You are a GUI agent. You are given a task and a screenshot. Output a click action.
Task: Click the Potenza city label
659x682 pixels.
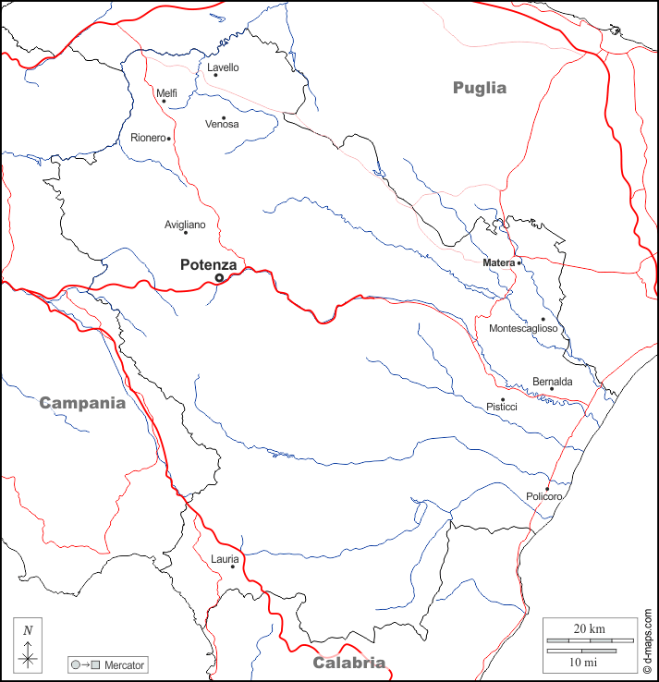(208, 264)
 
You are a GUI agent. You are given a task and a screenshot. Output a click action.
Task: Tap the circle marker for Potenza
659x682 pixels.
(219, 277)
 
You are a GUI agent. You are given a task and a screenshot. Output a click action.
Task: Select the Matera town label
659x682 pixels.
(498, 263)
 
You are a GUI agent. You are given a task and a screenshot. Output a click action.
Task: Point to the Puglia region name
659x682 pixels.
(480, 88)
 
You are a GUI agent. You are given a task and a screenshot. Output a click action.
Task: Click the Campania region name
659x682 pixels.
(81, 403)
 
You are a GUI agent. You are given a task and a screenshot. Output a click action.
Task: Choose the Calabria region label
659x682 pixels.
(348, 663)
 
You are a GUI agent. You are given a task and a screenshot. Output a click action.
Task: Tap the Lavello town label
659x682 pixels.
(223, 67)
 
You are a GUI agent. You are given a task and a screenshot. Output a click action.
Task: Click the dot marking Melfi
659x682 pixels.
(165, 102)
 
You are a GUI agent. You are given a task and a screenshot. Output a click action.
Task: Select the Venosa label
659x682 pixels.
(222, 124)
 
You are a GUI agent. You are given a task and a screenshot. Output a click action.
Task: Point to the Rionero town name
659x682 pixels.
(147, 138)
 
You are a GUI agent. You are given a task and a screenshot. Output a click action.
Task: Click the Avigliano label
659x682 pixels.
(185, 225)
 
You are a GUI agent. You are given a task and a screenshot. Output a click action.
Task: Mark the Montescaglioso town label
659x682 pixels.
(523, 329)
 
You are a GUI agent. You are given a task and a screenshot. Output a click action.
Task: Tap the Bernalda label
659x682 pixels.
(552, 382)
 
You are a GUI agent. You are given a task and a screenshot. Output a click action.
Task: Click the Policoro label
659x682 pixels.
(543, 497)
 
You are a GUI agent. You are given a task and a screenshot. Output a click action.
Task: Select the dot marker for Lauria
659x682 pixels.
(232, 566)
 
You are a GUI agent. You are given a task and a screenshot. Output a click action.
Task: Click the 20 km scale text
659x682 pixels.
(589, 629)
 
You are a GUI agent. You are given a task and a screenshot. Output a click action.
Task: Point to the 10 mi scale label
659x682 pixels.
(581, 663)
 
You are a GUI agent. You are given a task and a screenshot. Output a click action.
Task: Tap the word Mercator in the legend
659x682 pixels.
(124, 664)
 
